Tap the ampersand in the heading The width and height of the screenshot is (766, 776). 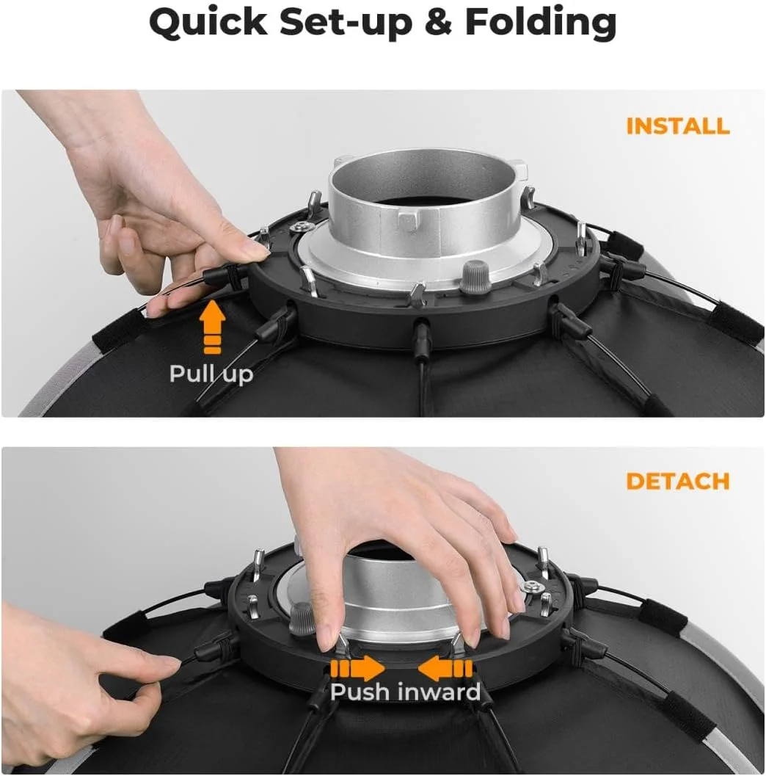coord(438,23)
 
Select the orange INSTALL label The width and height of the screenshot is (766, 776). coord(678,126)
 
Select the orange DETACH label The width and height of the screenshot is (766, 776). coord(677,481)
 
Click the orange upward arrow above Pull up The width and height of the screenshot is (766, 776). coord(213,327)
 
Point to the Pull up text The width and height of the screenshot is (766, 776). coord(211,374)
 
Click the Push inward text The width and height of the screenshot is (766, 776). coord(405,692)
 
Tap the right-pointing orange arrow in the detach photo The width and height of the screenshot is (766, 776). coord(357,669)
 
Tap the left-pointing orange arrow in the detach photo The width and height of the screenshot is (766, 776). coord(445,669)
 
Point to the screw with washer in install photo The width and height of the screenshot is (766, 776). coord(302,227)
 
